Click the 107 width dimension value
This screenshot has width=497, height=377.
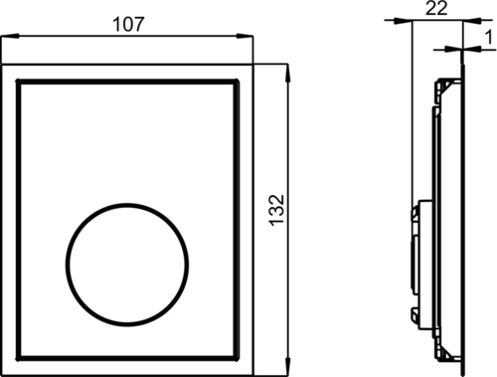pos(128,25)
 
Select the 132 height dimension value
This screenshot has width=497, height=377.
pos(276,210)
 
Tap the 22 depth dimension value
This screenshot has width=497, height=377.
pos(436,8)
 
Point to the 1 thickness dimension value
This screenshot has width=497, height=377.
pos(489,37)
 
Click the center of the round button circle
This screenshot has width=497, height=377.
pos(127,265)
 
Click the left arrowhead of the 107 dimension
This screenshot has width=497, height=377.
pos(10,36)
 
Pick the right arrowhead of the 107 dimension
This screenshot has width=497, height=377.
pos(245,36)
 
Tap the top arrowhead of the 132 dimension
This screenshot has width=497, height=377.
pos(287,73)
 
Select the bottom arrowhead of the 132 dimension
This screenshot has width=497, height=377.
pos(287,367)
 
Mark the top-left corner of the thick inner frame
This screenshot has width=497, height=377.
pos(19,82)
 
